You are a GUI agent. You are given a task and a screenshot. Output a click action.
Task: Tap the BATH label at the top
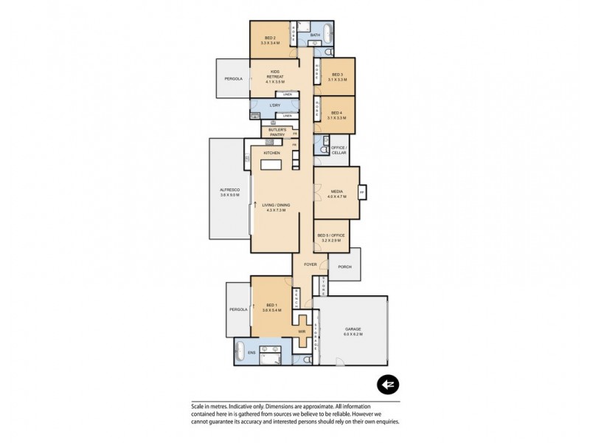click(315, 35)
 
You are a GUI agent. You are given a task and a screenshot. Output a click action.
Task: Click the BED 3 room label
click(336, 74)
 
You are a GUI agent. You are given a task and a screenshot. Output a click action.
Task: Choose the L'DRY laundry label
click(275, 106)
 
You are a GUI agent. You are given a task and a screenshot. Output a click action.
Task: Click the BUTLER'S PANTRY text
click(277, 131)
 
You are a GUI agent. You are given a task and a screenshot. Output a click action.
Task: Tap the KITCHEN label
click(272, 153)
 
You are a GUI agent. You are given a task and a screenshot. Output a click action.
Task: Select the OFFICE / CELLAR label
click(339, 150)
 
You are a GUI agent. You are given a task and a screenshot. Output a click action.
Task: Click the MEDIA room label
click(337, 193)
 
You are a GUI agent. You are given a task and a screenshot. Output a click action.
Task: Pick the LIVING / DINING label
click(274, 208)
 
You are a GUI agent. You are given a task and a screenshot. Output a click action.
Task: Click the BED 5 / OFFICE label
click(331, 238)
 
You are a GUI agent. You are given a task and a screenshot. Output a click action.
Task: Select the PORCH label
click(344, 267)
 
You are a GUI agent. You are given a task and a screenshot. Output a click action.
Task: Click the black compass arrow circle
click(387, 384)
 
